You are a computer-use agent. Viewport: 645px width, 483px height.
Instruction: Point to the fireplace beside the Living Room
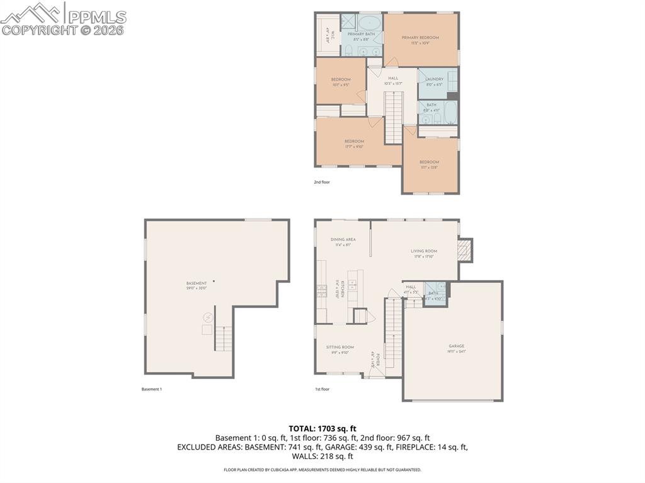(465, 250)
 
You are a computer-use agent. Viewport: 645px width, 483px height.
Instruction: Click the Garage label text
(456, 346)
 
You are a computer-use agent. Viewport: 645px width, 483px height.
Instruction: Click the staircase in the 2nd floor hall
(393, 117)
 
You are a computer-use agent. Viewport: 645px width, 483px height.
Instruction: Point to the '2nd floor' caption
(322, 182)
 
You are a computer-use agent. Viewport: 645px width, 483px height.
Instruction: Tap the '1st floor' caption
(322, 389)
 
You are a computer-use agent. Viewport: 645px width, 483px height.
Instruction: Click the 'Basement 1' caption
(152, 389)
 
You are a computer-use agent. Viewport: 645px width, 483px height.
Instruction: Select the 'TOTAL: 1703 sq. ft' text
(322, 428)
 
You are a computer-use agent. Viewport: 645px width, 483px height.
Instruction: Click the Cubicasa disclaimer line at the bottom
(322, 470)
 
